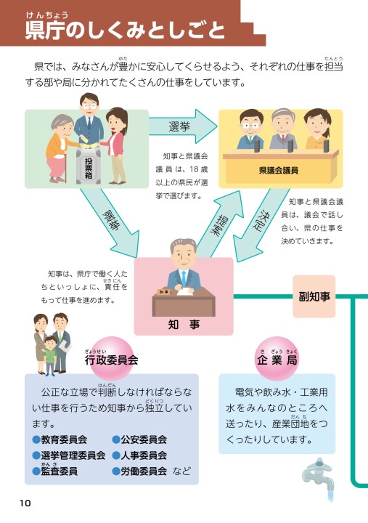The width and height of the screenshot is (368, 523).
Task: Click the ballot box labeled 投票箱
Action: click(x=89, y=165)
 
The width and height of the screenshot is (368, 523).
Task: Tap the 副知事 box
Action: click(x=314, y=296)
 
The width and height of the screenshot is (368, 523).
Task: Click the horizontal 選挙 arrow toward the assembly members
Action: click(x=183, y=126)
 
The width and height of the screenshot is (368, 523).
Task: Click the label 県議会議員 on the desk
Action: click(x=279, y=171)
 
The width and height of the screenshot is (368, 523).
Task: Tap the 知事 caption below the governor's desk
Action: click(x=184, y=324)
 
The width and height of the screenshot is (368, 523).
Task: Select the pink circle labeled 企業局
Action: click(x=277, y=358)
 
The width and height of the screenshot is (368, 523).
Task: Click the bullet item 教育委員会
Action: click(x=60, y=439)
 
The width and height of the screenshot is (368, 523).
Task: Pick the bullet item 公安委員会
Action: click(x=139, y=439)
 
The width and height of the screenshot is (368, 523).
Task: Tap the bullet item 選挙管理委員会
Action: click(x=69, y=455)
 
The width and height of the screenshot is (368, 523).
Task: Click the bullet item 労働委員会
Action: click(x=139, y=471)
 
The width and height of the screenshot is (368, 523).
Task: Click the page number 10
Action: click(x=25, y=503)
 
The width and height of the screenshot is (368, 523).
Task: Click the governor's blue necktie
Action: click(x=184, y=278)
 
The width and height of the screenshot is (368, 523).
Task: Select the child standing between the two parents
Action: click(x=50, y=355)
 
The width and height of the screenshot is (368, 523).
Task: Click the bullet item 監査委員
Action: click(x=55, y=471)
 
